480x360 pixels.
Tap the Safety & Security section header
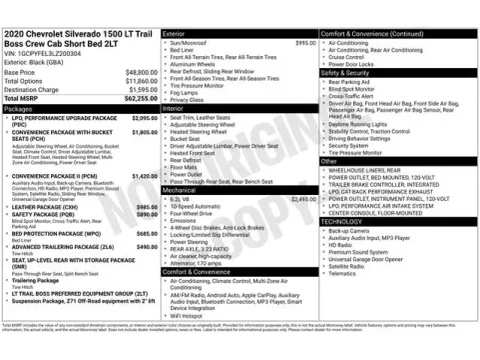click(345, 73)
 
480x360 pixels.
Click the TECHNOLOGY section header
click(341, 222)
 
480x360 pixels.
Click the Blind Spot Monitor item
click(354, 88)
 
